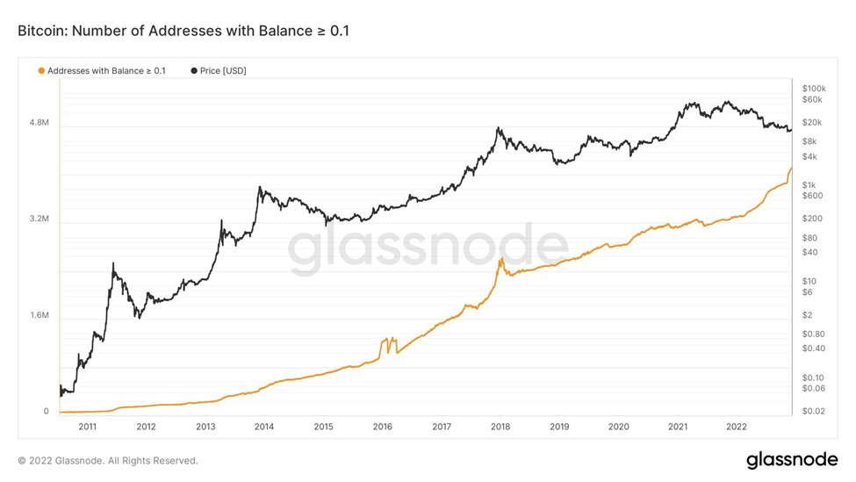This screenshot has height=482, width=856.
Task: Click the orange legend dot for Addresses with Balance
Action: tap(41, 70)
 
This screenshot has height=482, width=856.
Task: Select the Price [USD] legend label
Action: tap(223, 70)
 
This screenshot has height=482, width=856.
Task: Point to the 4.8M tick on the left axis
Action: tap(39, 124)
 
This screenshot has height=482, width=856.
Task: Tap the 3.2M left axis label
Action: tap(39, 219)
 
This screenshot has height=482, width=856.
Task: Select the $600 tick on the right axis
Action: tap(812, 196)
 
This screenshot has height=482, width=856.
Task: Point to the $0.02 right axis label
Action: tap(814, 411)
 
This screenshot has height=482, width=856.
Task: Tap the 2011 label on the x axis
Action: tap(87, 427)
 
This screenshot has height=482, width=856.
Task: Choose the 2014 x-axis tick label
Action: tap(264, 427)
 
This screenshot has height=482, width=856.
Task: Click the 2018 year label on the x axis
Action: tap(500, 427)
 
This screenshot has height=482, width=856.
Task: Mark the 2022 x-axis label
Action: tap(737, 427)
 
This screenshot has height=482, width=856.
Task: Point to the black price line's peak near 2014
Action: tap(260, 187)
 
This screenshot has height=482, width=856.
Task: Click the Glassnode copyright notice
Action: tap(108, 460)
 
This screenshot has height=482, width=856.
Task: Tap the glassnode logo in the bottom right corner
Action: tap(791, 459)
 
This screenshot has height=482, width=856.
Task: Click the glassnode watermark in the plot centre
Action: tap(428, 248)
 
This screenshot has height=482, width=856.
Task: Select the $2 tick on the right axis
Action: tap(808, 315)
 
